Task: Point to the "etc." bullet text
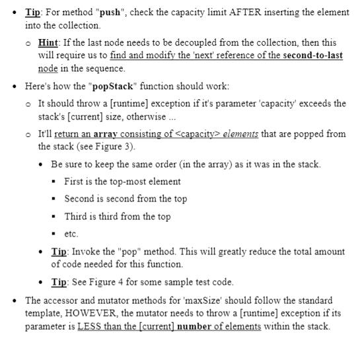click(71, 233)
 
